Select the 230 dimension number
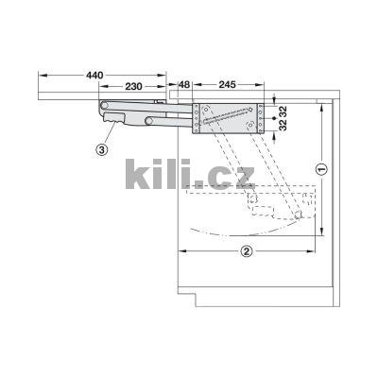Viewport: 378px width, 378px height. pyautogui.click(x=133, y=86)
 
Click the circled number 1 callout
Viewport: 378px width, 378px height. pyautogui.click(x=319, y=170)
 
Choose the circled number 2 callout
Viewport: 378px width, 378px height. pyautogui.click(x=246, y=251)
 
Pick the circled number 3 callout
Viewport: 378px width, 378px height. pyautogui.click(x=102, y=148)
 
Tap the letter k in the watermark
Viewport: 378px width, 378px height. pyautogui.click(x=137, y=174)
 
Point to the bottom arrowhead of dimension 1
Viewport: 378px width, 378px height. pyautogui.click(x=319, y=240)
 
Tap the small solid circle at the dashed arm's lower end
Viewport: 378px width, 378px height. pyautogui.click(x=299, y=216)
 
